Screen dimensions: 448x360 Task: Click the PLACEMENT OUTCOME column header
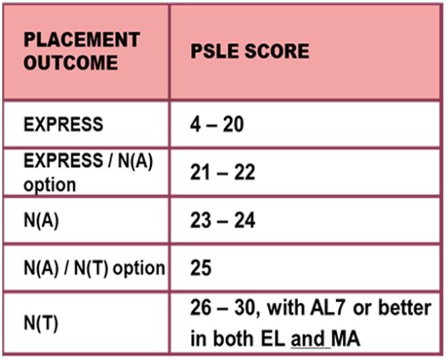pos(82,51)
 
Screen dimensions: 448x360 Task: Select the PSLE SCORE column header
pos(250,51)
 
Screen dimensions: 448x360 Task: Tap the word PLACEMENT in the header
pos(82,40)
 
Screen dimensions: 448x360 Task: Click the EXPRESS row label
pos(63,124)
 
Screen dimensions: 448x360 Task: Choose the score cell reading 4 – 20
pos(217,124)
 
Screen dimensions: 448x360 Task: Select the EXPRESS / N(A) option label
pos(88,172)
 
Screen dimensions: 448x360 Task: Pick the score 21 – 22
pos(222,172)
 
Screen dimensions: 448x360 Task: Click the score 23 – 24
pos(222,220)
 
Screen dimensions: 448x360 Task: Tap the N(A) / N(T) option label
pos(94,268)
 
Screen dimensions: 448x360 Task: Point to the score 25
pos(201,268)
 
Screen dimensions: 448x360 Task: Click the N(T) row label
pos(41,323)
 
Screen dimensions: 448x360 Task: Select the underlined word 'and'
pos(308,339)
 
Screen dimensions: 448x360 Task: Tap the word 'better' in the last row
pos(405,307)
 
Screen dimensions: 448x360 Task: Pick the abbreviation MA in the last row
pos(345,339)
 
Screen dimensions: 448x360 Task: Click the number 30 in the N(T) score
pos(245,308)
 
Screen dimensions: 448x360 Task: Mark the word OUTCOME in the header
pos(71,63)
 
